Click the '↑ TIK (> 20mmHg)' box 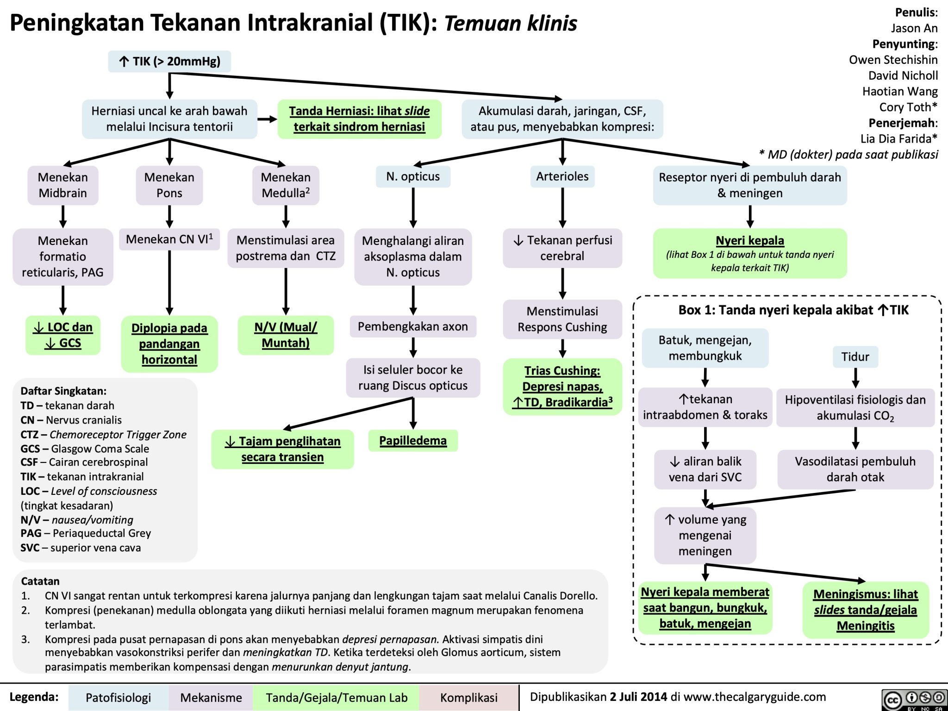(169, 61)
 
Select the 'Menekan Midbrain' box (62, 185)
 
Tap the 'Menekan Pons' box (169, 185)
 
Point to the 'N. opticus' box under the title (413, 176)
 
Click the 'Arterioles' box (562, 176)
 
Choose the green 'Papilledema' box (413, 441)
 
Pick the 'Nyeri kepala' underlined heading (750, 240)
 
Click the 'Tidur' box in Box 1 (855, 357)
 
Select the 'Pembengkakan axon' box (413, 327)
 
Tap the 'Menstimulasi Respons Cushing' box (562, 319)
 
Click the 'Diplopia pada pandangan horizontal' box (169, 344)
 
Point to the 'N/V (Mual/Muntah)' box (286, 335)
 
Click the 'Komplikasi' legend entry (469, 698)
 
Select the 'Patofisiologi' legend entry (118, 698)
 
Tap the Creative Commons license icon (914, 699)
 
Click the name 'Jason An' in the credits (914, 28)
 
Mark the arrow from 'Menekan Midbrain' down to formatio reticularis (62, 217)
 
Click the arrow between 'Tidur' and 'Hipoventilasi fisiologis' (855, 378)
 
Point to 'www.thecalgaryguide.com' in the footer (755, 697)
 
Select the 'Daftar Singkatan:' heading (63, 391)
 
